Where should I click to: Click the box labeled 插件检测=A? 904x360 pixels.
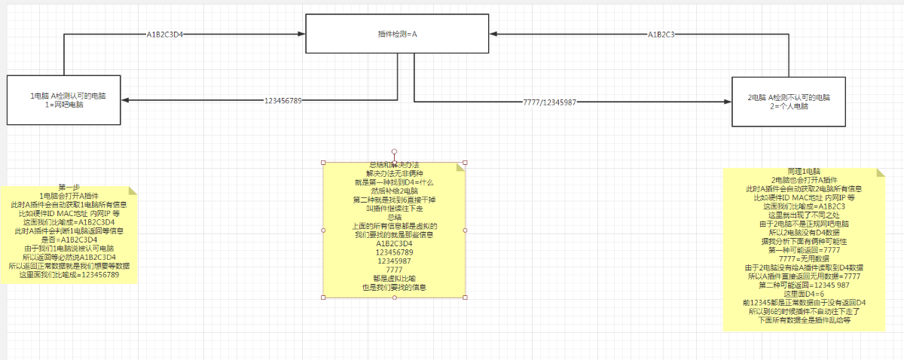(x=397, y=34)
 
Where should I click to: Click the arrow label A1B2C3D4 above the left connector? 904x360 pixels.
(x=165, y=34)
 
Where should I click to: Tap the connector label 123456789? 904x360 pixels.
(x=282, y=100)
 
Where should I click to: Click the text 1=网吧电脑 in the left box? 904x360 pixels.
(x=64, y=105)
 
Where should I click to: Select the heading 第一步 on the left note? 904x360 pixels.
(x=69, y=187)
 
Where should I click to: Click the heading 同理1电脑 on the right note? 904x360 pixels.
(x=804, y=172)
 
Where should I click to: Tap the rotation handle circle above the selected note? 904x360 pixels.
(x=394, y=151)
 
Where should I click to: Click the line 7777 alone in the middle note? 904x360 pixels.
(x=394, y=270)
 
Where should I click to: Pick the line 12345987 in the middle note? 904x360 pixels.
(x=394, y=261)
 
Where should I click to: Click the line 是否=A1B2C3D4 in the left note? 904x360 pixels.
(x=69, y=239)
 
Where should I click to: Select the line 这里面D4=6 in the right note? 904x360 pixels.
(x=804, y=294)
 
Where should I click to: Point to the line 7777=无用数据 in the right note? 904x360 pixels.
(x=804, y=258)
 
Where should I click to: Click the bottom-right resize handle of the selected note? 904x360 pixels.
(x=465, y=297)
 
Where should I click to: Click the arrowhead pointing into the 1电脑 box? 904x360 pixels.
(x=124, y=100)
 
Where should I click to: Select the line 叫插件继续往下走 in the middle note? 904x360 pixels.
(x=394, y=209)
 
